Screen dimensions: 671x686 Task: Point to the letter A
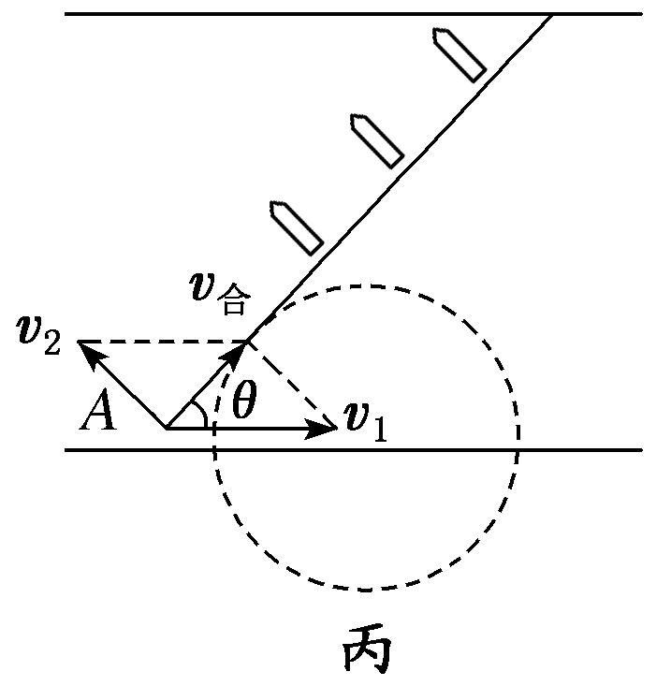[x=97, y=413]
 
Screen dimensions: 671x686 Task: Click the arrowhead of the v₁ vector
[x=329, y=429]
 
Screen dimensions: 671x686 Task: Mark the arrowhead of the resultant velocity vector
[x=243, y=347]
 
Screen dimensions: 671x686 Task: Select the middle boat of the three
[x=376, y=139]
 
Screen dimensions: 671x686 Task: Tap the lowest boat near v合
[x=296, y=226]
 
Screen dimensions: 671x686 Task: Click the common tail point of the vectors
[x=168, y=429]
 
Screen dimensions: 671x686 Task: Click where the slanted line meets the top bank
[x=552, y=14]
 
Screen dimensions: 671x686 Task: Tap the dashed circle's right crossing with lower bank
[x=518, y=450]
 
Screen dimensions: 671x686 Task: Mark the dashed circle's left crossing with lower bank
[x=214, y=450]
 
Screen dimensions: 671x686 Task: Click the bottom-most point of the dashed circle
[x=366, y=591]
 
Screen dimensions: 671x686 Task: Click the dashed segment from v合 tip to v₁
[x=290, y=384]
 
